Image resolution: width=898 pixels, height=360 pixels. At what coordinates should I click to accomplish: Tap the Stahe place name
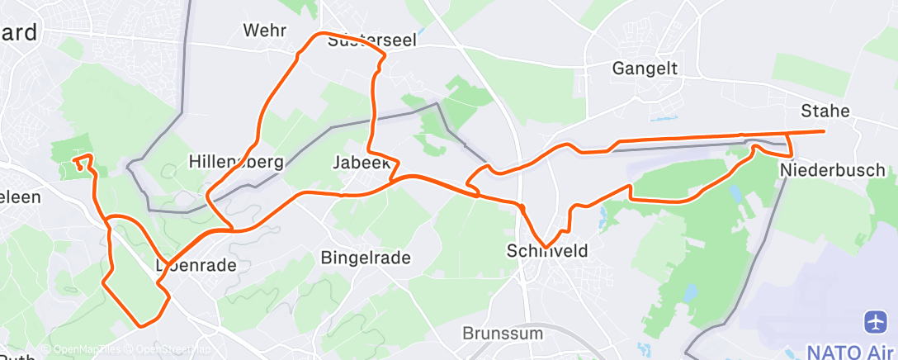point(825,111)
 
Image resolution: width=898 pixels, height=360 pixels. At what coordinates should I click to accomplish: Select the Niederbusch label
point(832,170)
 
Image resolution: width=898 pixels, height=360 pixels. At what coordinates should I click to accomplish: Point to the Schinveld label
point(547,250)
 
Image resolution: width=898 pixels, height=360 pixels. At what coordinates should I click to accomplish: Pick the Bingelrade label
point(365,258)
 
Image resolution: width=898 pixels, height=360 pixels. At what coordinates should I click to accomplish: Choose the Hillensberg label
point(236,161)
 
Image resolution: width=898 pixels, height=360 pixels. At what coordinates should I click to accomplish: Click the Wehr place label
point(264,31)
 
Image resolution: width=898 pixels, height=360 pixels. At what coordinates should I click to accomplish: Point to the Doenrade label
point(196,266)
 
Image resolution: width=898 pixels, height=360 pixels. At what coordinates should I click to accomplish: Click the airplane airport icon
point(876,321)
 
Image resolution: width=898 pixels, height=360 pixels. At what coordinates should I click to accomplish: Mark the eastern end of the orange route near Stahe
point(824,131)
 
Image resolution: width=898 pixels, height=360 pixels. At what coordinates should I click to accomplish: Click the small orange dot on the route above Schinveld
point(522,206)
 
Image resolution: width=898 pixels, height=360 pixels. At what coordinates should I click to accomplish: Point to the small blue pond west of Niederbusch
point(735,194)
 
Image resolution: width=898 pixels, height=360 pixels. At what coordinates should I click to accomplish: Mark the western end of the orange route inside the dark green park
point(73,159)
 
